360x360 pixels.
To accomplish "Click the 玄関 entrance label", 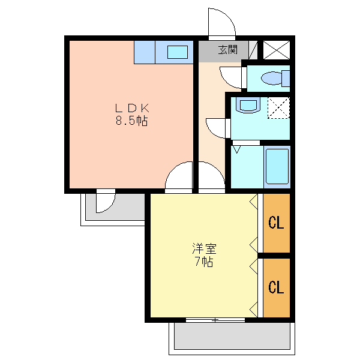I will click(227, 50).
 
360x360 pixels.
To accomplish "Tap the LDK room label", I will click(132, 108).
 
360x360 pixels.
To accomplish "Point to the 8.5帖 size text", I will click(132, 121).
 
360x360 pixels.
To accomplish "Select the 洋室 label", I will click(205, 248).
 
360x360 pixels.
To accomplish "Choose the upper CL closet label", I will click(276, 223).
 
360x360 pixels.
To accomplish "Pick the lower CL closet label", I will click(276, 287).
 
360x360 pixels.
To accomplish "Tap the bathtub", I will click(277, 167).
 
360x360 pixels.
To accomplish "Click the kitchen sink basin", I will click(177, 52).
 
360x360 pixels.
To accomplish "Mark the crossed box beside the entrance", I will click(276, 50).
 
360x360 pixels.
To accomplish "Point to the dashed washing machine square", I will click(278, 108).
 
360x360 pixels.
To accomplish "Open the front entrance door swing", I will click(221, 23).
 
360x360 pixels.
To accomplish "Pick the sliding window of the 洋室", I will click(215, 320).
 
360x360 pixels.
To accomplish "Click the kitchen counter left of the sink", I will click(145, 52).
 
